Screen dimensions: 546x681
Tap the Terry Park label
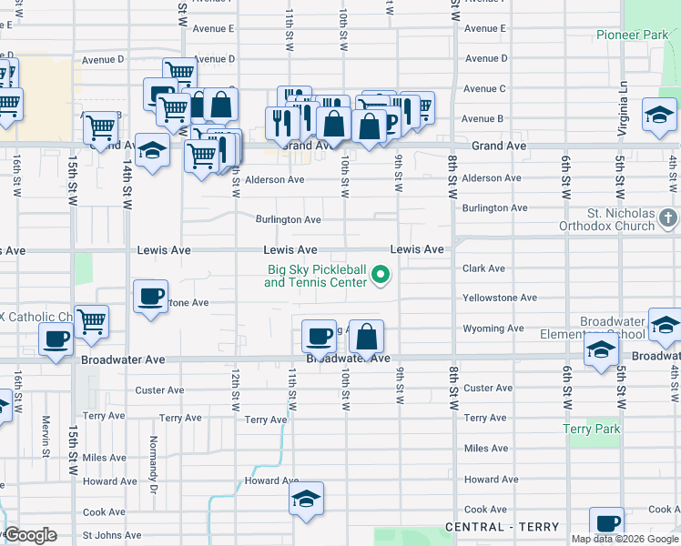click(591, 429)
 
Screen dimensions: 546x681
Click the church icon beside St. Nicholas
click(668, 217)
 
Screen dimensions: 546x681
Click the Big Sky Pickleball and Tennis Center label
click(316, 276)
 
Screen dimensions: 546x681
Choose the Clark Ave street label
click(483, 268)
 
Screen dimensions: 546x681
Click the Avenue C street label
click(483, 88)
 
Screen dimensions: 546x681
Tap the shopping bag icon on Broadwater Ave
click(366, 337)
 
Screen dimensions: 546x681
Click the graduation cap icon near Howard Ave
click(307, 499)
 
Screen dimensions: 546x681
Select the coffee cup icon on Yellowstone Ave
click(150, 296)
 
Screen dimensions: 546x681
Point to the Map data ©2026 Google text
click(624, 539)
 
